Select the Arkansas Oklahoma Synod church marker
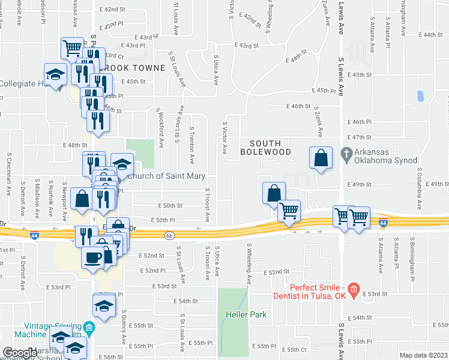point(346,153)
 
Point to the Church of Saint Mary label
point(167,176)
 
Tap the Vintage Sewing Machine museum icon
point(89,328)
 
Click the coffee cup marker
point(92,257)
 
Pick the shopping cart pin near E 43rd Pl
point(73,47)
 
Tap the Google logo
point(20,353)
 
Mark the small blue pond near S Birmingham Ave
point(420,95)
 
